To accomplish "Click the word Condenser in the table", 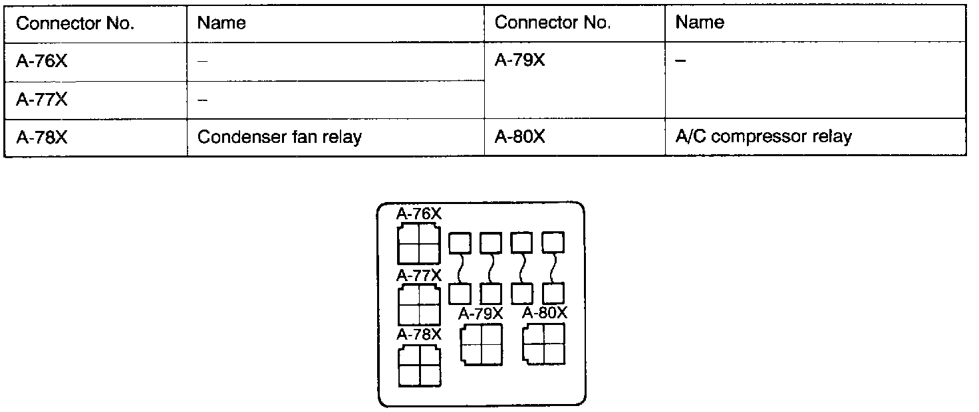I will click(234, 138).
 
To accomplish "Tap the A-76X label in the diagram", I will click(419, 214).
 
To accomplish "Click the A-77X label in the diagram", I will click(419, 275).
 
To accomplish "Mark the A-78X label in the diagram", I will click(419, 334).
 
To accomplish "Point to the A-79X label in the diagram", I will click(481, 314).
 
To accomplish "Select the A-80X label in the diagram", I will click(545, 313).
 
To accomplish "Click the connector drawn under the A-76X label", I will click(419, 243).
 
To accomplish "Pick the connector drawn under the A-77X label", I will click(419, 304).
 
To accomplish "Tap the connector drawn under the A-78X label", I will click(419, 365).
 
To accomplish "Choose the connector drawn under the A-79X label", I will click(481, 344).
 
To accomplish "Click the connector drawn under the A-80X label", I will click(544, 344).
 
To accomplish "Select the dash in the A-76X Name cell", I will click(202, 61).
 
